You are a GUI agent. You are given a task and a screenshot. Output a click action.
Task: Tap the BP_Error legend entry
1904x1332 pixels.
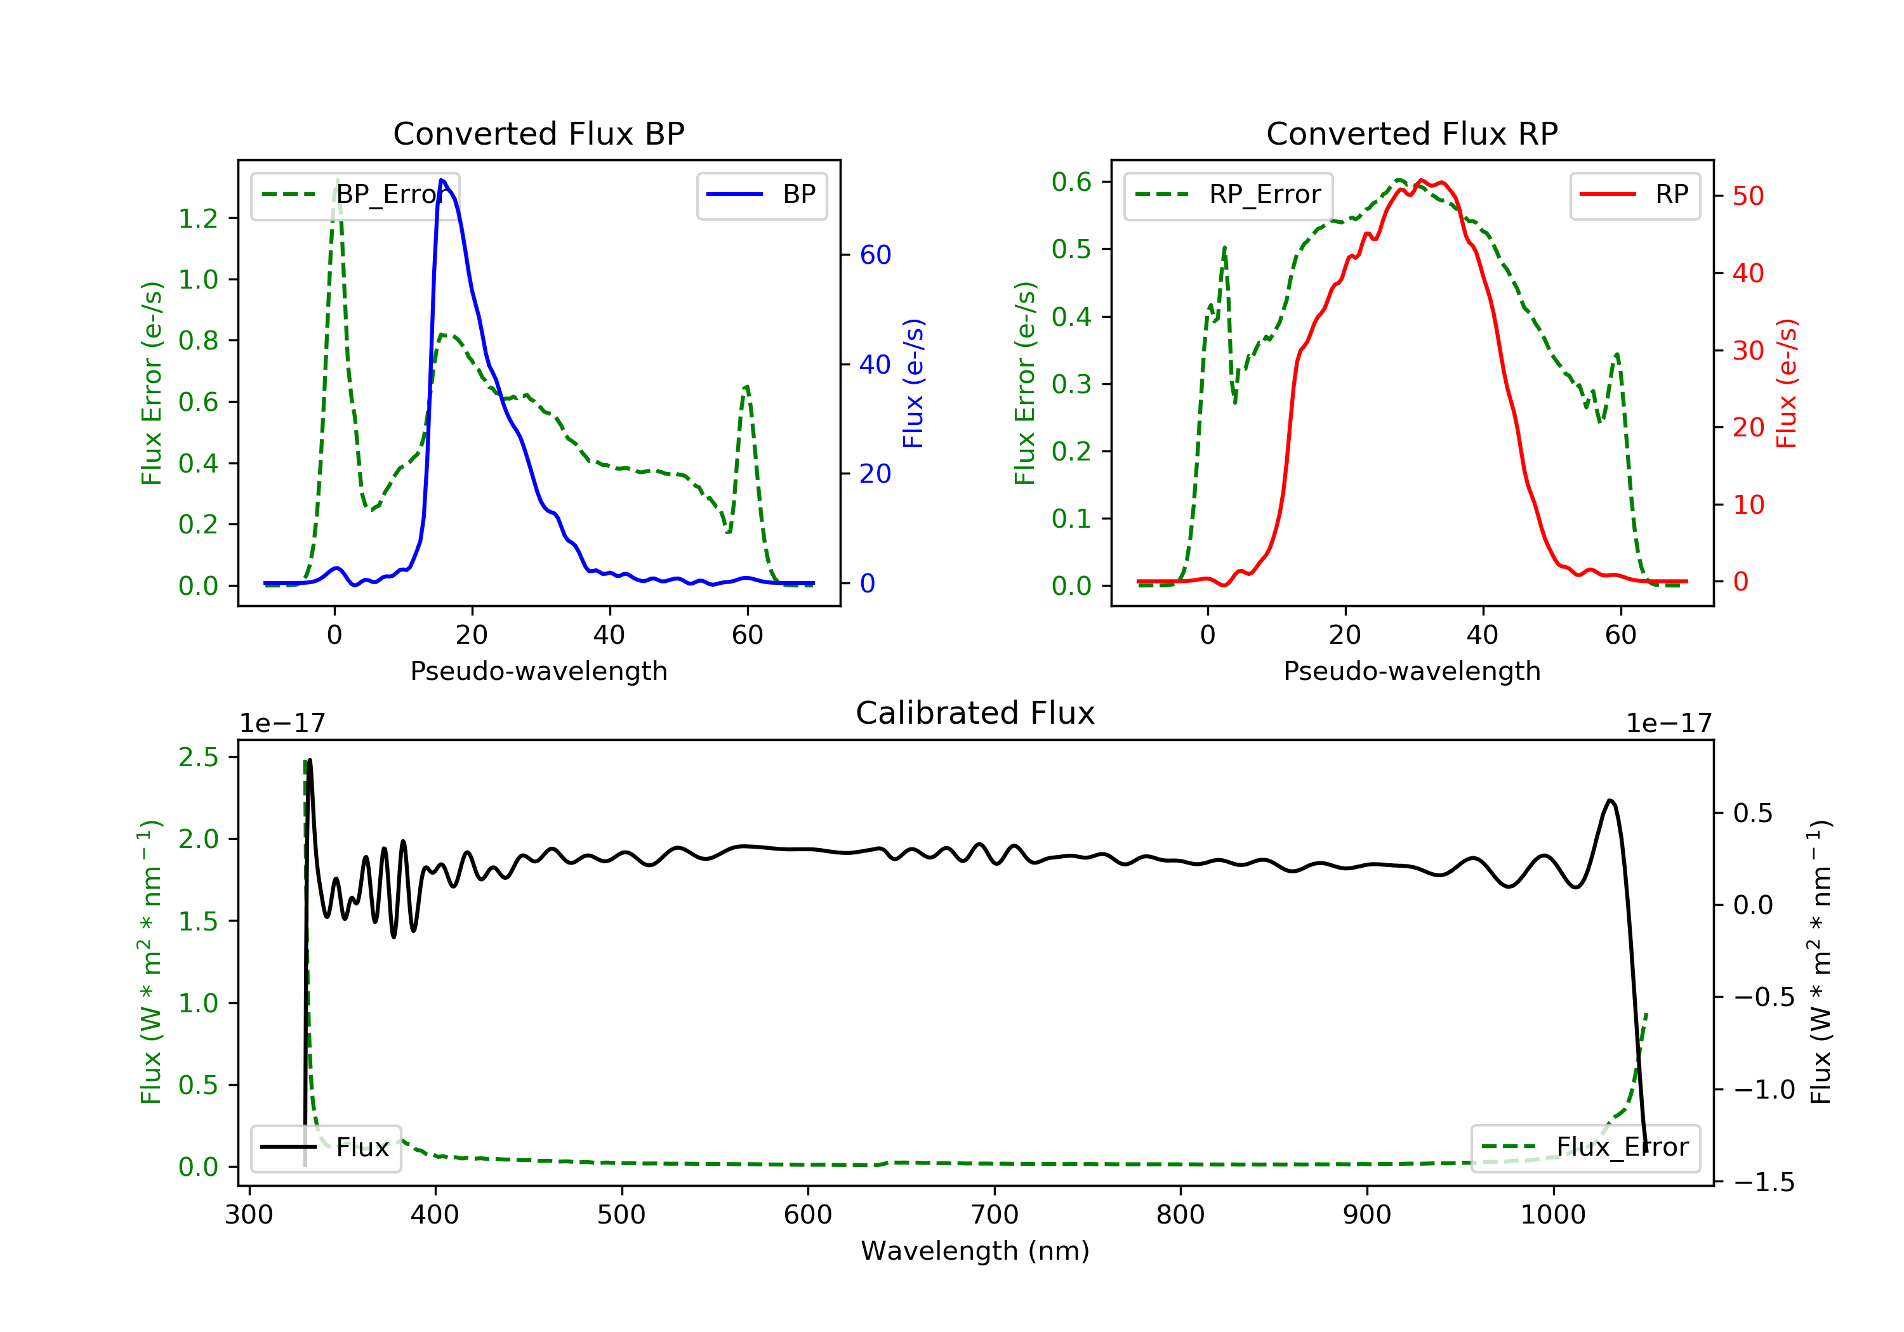click(x=355, y=195)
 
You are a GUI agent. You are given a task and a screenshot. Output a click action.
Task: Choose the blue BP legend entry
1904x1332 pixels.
click(x=761, y=195)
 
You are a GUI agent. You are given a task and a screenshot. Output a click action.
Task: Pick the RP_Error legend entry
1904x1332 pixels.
click(x=1228, y=195)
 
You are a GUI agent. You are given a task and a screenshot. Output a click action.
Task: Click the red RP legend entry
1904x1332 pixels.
click(x=1634, y=195)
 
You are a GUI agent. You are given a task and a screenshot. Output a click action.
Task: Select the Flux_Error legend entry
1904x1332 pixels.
click(x=1585, y=1147)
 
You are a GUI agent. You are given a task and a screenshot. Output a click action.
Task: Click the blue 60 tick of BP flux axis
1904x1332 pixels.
click(x=875, y=254)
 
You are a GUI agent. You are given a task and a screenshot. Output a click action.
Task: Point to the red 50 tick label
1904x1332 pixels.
click(x=1748, y=197)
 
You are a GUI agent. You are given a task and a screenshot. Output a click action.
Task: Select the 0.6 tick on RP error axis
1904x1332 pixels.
click(x=1071, y=181)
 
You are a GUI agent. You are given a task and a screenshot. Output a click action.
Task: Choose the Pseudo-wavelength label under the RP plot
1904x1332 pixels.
click(x=1411, y=670)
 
